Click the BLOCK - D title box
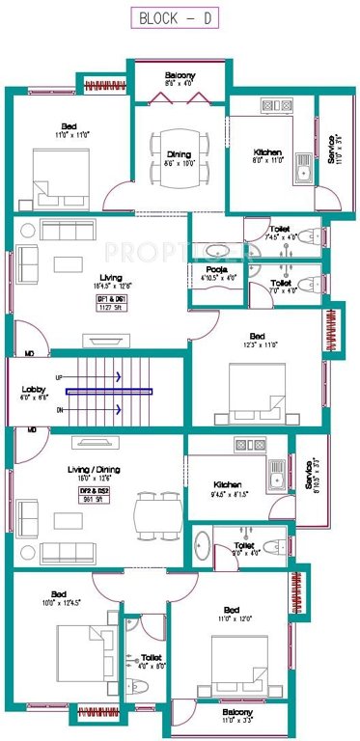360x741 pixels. (180, 17)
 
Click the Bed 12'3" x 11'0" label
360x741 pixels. (259, 342)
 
